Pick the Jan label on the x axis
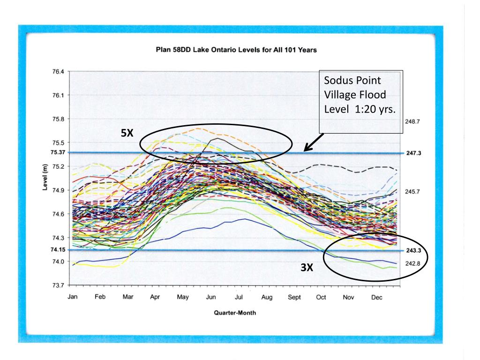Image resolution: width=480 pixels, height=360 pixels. click(73, 297)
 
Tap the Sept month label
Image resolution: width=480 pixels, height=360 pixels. click(294, 297)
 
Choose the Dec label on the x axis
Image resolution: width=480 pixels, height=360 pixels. click(376, 297)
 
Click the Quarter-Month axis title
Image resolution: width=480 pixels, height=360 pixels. click(235, 313)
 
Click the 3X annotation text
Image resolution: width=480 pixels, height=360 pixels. click(307, 268)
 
